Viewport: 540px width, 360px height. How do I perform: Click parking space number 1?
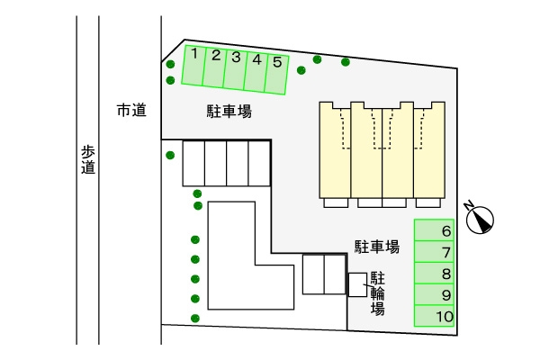click(193, 67)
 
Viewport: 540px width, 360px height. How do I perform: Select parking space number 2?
click(214, 68)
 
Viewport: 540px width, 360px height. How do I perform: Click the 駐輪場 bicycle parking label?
click(378, 292)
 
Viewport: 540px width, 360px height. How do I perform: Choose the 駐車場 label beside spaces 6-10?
click(376, 246)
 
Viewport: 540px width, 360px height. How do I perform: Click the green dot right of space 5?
click(318, 60)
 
